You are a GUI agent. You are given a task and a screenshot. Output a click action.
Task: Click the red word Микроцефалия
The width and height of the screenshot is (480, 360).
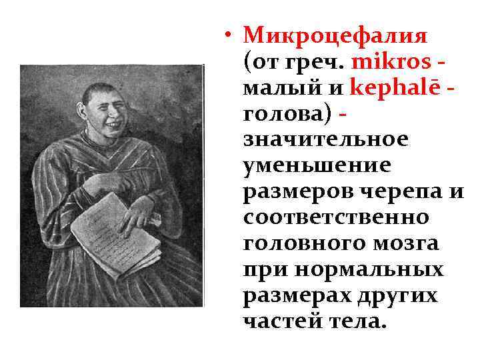click(x=335, y=35)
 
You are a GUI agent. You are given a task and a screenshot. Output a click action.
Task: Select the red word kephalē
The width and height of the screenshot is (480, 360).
click(x=393, y=88)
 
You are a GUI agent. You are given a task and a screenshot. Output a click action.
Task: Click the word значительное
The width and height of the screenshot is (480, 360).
click(x=325, y=140)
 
